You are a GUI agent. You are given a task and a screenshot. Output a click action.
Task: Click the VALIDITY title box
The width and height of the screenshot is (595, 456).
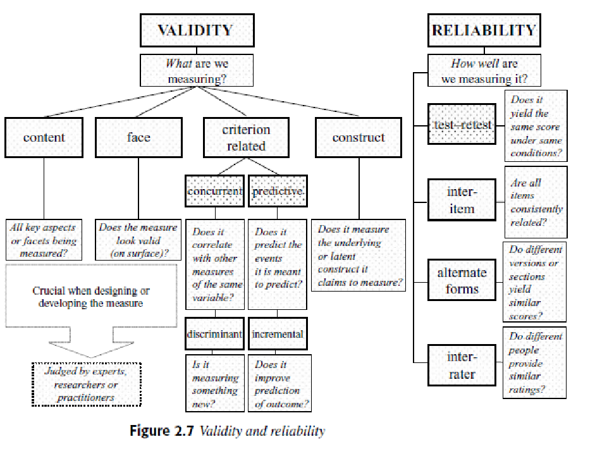tap(196, 30)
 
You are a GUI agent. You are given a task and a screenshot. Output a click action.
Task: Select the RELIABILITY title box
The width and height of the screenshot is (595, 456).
tap(484, 30)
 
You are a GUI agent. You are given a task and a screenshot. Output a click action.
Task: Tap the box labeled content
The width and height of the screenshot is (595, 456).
tap(44, 137)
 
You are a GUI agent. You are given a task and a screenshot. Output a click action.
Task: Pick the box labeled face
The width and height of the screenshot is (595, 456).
tap(138, 137)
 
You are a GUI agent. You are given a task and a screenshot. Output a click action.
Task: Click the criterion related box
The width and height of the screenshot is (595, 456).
tap(246, 137)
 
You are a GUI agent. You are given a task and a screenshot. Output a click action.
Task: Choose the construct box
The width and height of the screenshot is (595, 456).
tap(359, 137)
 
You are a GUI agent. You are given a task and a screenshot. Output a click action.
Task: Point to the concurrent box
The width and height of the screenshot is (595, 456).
tap(215, 191)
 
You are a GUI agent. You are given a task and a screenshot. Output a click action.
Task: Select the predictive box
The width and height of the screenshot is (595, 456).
tap(278, 191)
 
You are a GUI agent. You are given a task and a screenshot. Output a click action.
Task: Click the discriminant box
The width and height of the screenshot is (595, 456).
tap(215, 335)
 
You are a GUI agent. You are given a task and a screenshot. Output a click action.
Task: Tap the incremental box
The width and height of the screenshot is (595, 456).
tap(278, 335)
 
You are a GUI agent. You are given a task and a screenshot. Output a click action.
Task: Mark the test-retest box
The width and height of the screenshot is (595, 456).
tap(462, 125)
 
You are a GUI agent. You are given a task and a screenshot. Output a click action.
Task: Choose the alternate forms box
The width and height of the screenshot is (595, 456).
tap(462, 281)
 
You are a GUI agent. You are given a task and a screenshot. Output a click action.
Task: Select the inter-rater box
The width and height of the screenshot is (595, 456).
tap(462, 366)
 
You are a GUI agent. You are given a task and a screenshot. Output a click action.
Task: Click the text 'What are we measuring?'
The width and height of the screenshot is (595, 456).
tap(197, 71)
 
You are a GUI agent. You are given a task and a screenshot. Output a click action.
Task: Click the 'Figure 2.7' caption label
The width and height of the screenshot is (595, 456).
tap(163, 431)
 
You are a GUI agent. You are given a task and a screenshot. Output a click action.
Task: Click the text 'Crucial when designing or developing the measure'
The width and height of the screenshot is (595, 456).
tap(92, 297)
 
